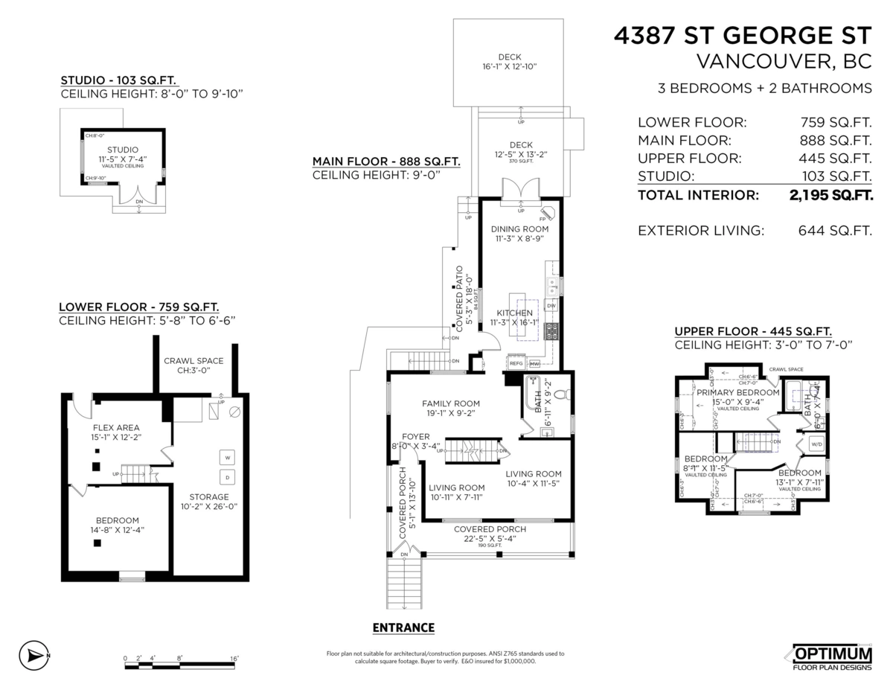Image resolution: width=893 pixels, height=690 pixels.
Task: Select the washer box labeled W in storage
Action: coord(228,456)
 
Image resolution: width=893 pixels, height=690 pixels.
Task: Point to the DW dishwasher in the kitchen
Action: coord(551,306)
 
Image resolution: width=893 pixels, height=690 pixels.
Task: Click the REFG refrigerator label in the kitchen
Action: coord(516,363)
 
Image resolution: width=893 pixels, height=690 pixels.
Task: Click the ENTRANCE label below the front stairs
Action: coord(403,627)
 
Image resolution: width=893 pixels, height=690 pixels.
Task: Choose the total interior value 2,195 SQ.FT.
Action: coord(830,196)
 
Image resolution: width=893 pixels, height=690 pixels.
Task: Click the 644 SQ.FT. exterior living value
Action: coord(830,231)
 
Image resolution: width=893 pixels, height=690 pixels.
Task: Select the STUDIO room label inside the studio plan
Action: coord(124,150)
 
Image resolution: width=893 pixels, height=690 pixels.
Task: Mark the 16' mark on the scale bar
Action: coord(234,658)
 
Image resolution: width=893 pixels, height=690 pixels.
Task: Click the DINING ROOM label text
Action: coord(519,229)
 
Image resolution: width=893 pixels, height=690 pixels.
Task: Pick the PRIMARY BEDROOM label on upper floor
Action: coord(737,392)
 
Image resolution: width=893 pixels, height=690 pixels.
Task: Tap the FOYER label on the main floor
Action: coord(416,436)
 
